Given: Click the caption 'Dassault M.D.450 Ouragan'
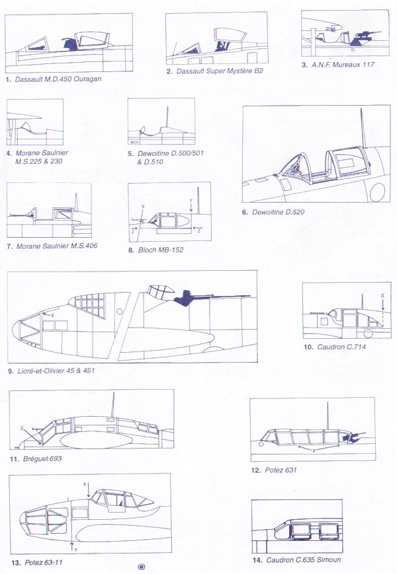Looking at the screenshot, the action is [58, 79].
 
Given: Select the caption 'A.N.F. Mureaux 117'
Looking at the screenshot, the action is [343, 65].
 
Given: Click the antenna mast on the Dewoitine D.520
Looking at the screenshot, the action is [362, 127].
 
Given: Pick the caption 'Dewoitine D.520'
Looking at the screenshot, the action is [278, 212].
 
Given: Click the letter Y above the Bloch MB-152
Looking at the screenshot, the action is [191, 201].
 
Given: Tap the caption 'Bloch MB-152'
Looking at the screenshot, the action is [161, 250].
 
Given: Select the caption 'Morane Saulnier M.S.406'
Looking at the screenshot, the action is [57, 246].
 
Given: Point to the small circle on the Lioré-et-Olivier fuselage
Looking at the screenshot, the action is [119, 312].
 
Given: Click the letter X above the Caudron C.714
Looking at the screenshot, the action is [382, 295].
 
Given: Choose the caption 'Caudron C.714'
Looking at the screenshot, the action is [341, 347].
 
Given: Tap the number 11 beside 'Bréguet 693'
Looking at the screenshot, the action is [15, 458].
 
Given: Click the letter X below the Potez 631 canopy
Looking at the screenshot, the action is [314, 451].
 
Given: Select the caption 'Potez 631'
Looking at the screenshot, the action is [281, 470].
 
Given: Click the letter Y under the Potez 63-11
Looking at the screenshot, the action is [76, 550].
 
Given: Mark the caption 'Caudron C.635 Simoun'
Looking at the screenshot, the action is [304, 559].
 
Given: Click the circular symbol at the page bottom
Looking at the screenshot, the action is [141, 567].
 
